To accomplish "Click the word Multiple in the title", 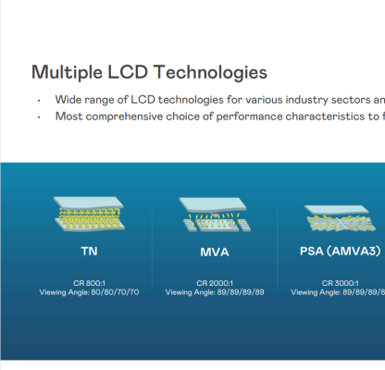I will tap(68, 72).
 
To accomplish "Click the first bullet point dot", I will tap(38, 100).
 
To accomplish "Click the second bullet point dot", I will tap(38, 117).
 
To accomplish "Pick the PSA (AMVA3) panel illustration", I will tap(342, 219).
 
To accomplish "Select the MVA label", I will tap(214, 251).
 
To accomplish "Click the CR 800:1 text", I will tap(89, 282).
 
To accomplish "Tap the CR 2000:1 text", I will tap(214, 282).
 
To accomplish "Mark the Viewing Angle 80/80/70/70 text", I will tap(89, 292).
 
